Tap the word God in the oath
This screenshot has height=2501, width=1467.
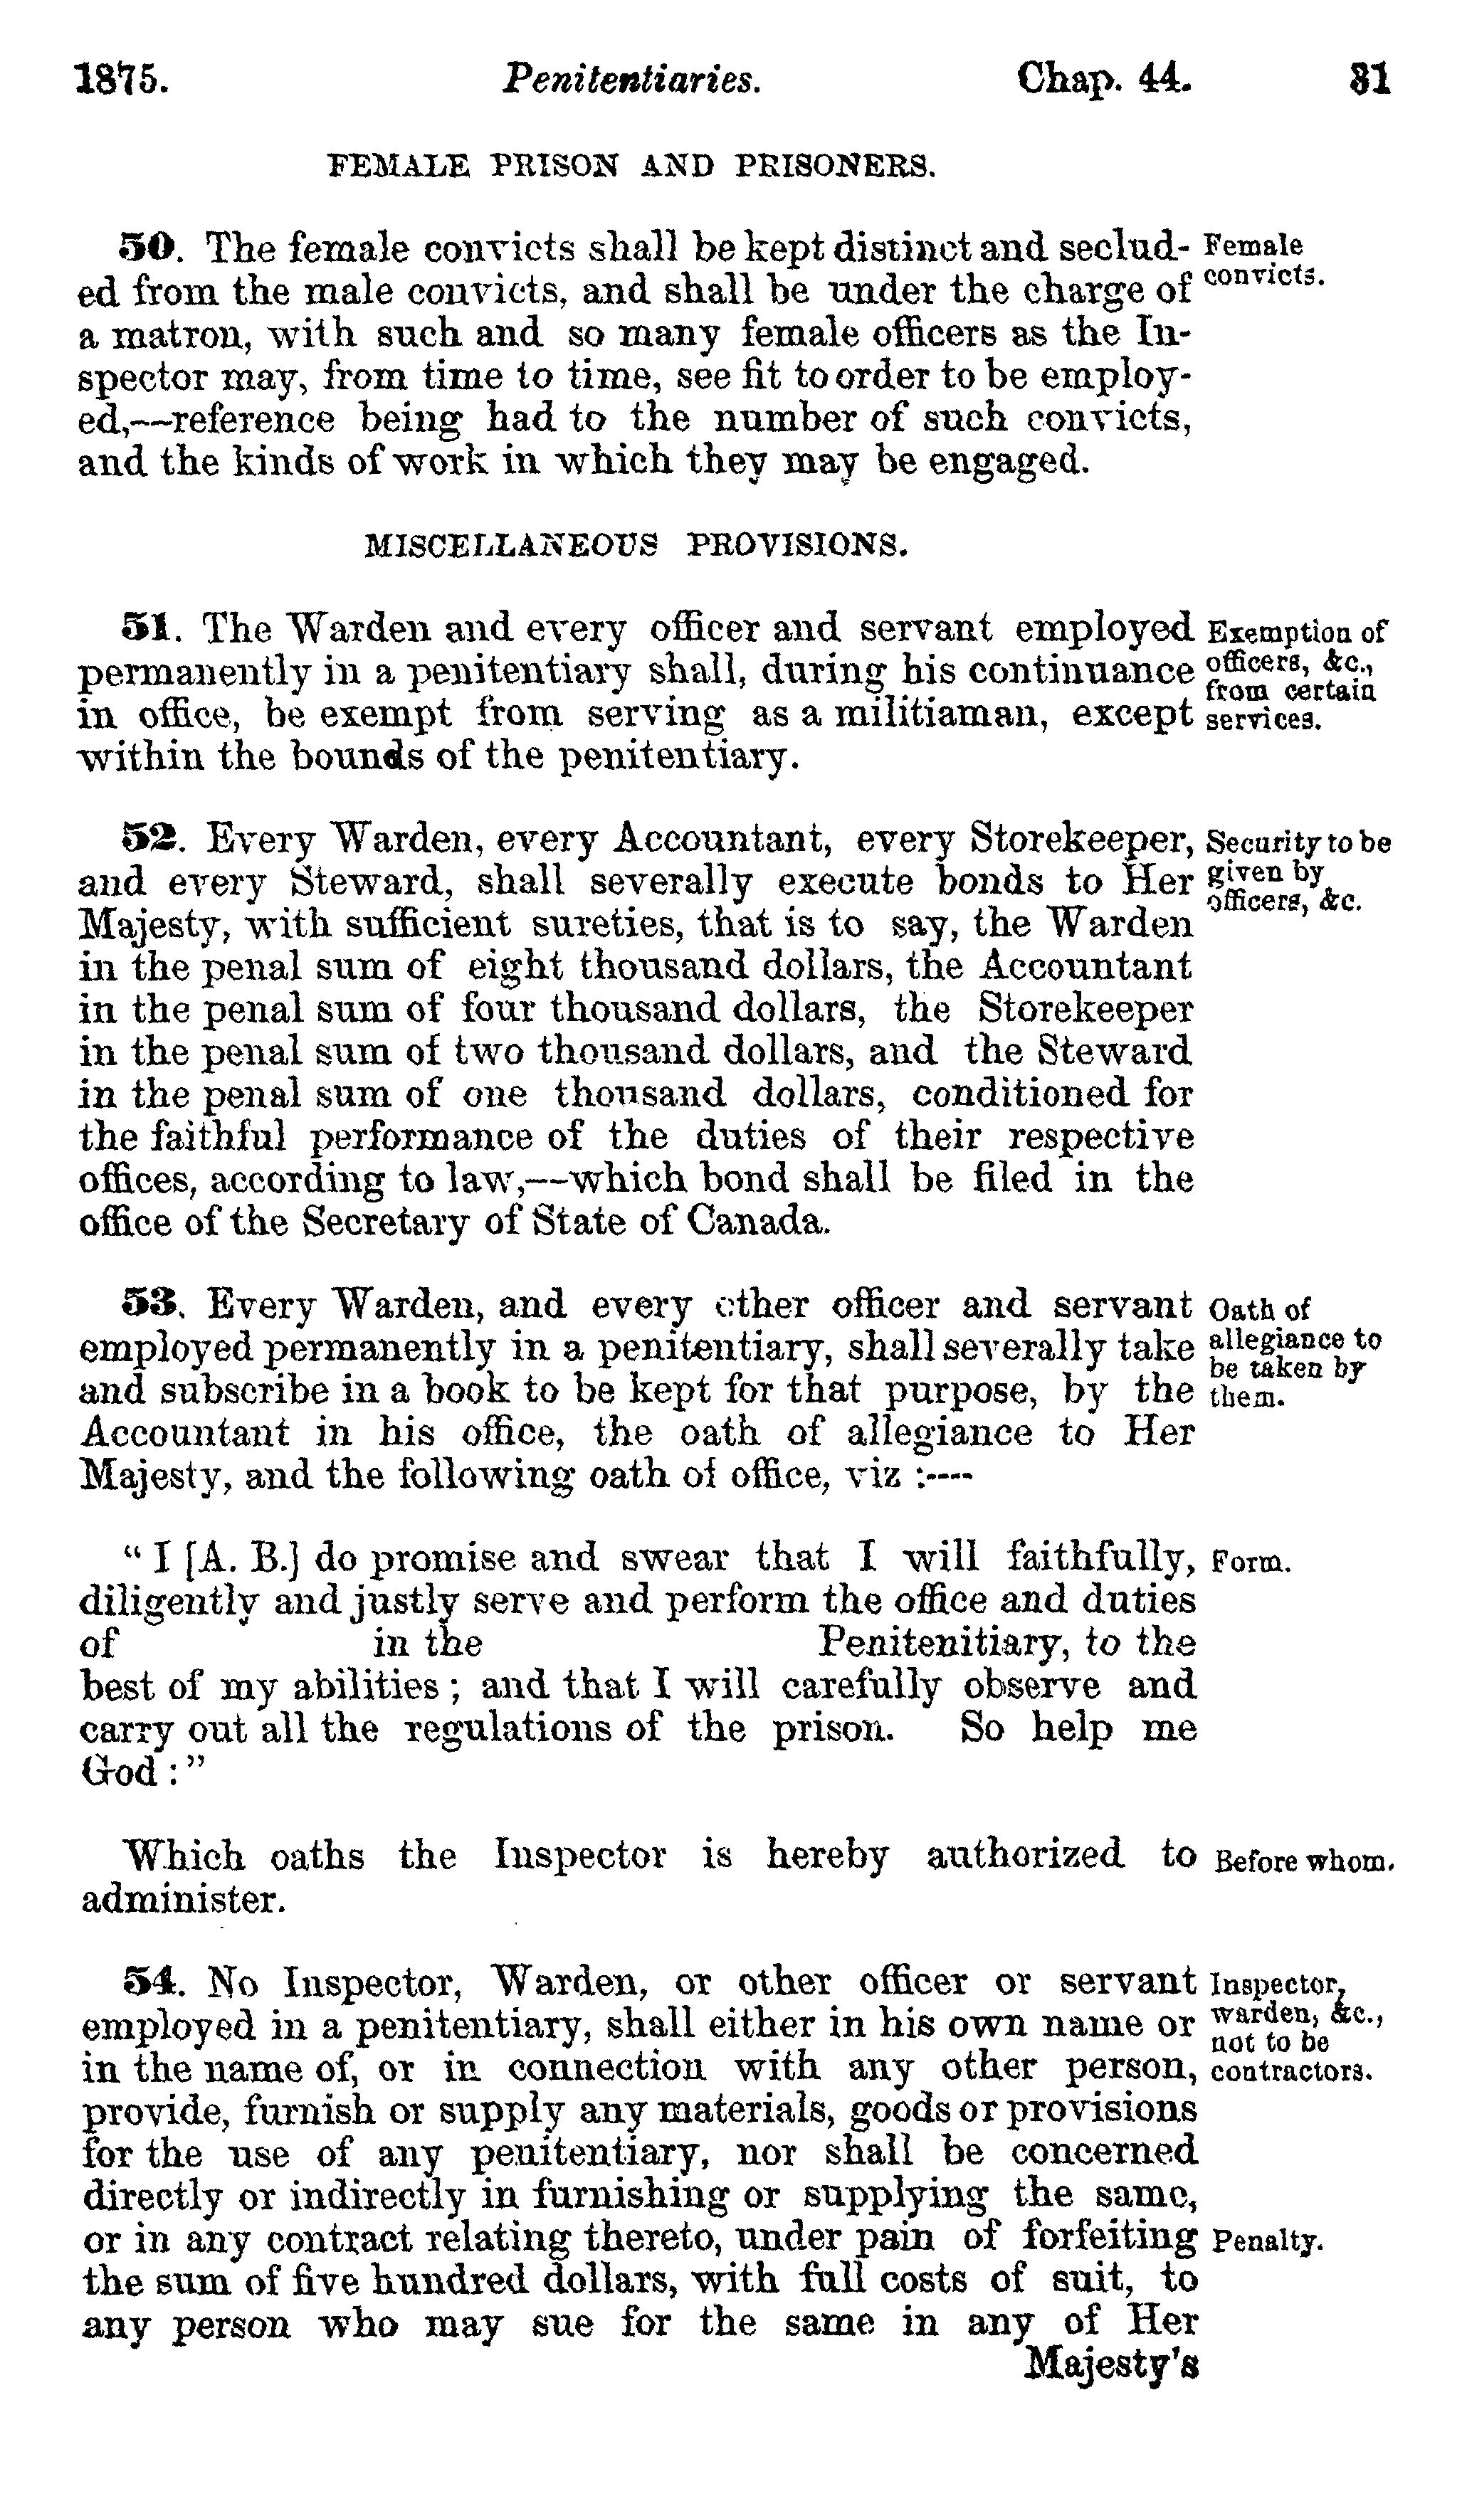point(111,1772)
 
